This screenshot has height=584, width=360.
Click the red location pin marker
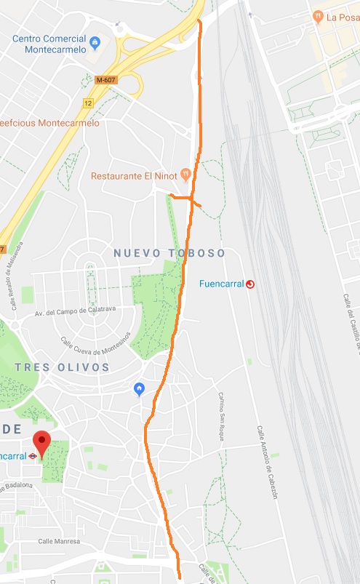(x=42, y=443)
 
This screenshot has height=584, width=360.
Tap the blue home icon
(x=140, y=390)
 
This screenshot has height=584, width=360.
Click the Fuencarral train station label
(x=222, y=284)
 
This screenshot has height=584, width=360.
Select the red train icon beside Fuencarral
(x=251, y=284)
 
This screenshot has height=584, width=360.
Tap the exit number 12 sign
(x=89, y=103)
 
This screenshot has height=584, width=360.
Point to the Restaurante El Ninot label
(x=135, y=176)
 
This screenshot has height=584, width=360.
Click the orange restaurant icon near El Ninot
(x=185, y=175)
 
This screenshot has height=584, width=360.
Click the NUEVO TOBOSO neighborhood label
(x=169, y=252)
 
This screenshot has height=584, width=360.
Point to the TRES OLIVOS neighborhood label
(x=62, y=367)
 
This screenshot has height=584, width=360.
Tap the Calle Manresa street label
(x=59, y=541)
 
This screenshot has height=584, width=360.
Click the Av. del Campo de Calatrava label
(x=75, y=311)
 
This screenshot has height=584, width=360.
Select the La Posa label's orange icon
(x=317, y=16)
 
